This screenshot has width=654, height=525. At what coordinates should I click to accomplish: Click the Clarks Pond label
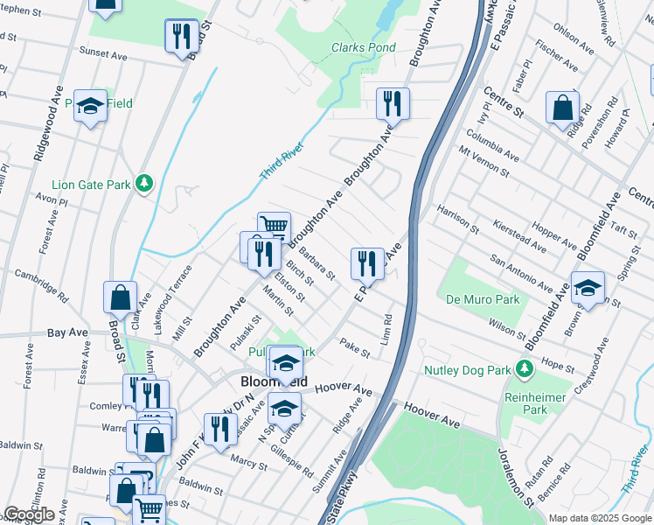(364, 47)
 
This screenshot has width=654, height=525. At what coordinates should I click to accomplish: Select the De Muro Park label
(484, 299)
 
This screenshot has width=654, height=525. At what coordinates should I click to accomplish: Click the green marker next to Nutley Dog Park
(524, 369)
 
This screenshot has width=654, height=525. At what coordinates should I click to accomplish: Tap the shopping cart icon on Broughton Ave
(274, 227)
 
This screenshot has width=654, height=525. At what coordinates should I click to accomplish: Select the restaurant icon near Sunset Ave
(182, 34)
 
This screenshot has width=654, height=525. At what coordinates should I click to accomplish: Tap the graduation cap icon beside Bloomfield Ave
(588, 286)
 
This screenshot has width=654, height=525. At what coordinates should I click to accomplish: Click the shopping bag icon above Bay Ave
(121, 297)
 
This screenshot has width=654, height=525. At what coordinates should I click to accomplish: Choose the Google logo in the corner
(29, 514)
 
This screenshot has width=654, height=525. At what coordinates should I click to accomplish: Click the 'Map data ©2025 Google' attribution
(601, 518)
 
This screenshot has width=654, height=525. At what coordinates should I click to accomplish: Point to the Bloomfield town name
(274, 382)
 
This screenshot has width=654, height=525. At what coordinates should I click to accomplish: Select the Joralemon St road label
(515, 478)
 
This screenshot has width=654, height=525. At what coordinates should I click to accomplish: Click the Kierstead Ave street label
(520, 236)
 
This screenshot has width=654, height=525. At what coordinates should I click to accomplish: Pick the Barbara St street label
(317, 264)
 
